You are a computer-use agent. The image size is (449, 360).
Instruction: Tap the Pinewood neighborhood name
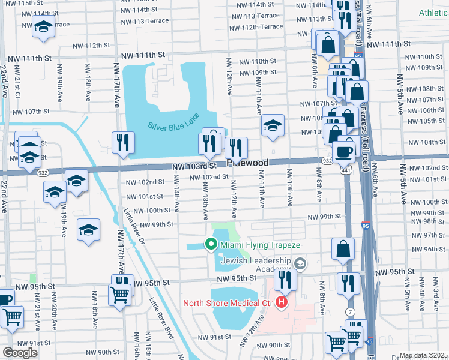(247, 163)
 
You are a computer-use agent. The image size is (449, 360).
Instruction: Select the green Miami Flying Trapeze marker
(211, 244)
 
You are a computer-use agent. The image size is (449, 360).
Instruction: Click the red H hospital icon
(280, 302)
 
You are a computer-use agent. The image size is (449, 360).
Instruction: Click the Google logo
(19, 353)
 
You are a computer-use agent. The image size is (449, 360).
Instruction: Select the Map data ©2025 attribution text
(423, 355)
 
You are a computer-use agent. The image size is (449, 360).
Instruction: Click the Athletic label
(433, 12)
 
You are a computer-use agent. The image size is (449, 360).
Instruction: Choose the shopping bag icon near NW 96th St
(342, 249)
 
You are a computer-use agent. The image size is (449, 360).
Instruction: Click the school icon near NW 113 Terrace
(43, 27)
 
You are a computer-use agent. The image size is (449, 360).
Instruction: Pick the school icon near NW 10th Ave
(273, 125)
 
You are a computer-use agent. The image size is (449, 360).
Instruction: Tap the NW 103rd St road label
(193, 166)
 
